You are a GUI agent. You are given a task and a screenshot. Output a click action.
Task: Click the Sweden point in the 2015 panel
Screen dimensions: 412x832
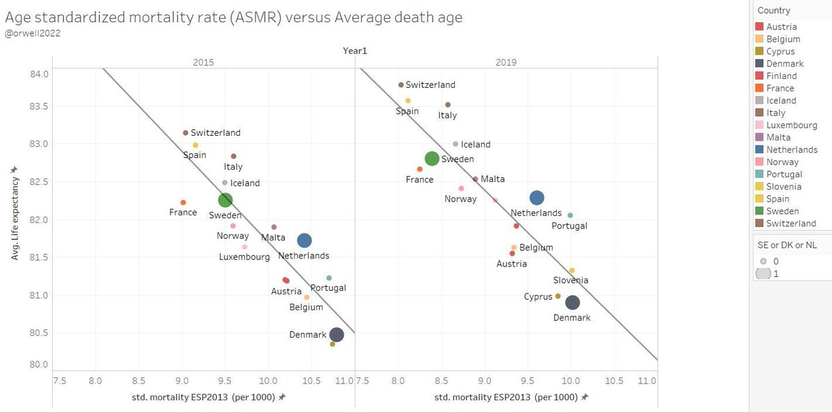pyautogui.click(x=225, y=200)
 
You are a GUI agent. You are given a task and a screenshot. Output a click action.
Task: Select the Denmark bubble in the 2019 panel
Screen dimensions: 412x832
pyautogui.click(x=573, y=303)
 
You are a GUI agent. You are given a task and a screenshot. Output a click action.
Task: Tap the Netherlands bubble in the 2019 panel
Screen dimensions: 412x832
pyautogui.click(x=537, y=198)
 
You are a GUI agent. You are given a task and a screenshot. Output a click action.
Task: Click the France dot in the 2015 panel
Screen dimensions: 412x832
pyautogui.click(x=183, y=202)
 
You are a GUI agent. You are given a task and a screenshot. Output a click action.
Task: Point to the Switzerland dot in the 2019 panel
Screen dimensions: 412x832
pyautogui.click(x=401, y=84)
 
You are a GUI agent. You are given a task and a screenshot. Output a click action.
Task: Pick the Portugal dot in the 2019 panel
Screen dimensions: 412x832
pyautogui.click(x=570, y=215)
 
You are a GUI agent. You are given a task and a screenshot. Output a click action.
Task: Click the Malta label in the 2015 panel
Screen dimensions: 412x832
pyautogui.click(x=273, y=238)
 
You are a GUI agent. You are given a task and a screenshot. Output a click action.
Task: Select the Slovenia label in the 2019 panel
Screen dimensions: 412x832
pyautogui.click(x=571, y=280)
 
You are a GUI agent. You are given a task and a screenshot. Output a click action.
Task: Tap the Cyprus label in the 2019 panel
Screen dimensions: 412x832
pyautogui.click(x=537, y=296)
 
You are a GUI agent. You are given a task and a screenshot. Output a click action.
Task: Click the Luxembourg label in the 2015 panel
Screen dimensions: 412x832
pyautogui.click(x=244, y=257)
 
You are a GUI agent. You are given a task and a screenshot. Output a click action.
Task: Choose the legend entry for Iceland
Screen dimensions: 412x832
pyautogui.click(x=781, y=100)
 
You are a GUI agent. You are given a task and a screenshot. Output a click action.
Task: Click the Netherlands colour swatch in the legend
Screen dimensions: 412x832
pyautogui.click(x=759, y=150)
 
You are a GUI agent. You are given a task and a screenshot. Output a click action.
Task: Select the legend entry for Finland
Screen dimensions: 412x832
pyautogui.click(x=781, y=76)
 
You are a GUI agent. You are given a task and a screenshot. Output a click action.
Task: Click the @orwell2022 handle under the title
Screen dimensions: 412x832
pyautogui.click(x=33, y=32)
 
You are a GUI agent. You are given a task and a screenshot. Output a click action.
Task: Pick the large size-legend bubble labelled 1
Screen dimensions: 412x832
pyautogui.click(x=763, y=274)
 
